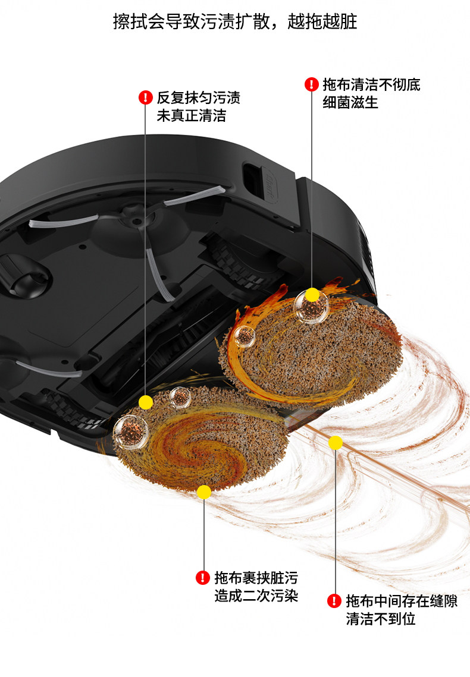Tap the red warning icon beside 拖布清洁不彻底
point(311,84)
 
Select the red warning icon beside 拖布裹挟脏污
point(203,577)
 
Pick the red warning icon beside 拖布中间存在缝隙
point(334,601)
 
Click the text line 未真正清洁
point(191,115)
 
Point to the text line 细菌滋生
point(350,102)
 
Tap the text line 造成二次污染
point(256,595)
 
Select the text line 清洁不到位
point(381,619)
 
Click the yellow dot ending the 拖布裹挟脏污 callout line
point(204,492)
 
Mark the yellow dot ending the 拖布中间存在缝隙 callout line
point(335,443)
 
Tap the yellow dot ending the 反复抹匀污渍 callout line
point(145,402)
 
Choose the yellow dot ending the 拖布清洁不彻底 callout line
point(312,295)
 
